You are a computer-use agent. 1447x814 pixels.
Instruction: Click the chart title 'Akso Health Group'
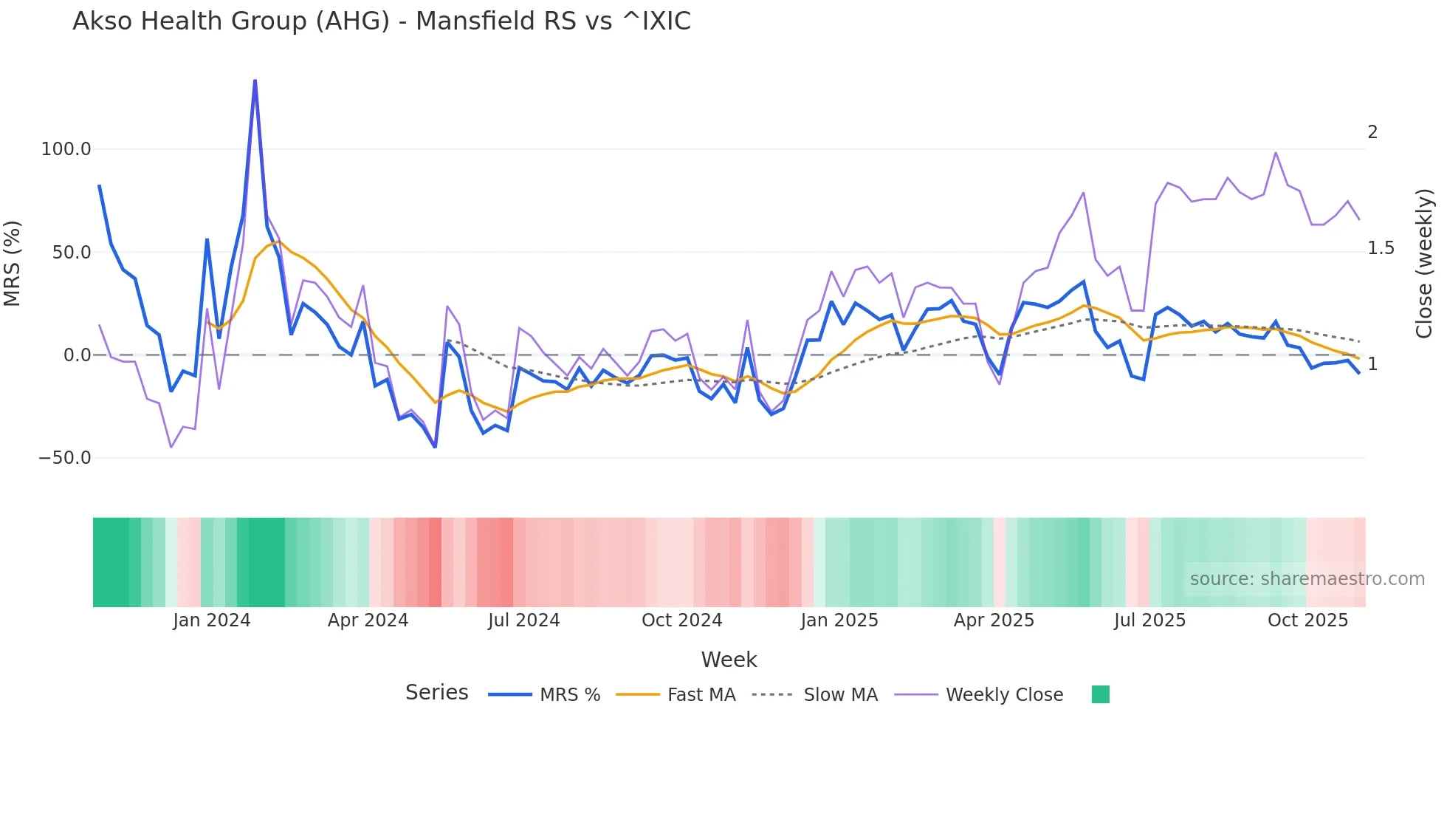381,21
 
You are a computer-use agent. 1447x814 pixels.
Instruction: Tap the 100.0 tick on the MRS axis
66,149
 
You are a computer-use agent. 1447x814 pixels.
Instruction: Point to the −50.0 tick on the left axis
64,458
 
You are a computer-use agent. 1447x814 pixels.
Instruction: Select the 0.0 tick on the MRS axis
77,355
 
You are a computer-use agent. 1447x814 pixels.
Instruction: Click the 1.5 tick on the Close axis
1381,248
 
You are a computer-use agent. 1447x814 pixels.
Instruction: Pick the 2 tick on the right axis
1372,132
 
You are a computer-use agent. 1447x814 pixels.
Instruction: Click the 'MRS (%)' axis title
13,263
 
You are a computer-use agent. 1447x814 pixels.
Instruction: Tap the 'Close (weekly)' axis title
1424,263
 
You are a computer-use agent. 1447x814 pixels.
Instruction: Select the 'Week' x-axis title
729,660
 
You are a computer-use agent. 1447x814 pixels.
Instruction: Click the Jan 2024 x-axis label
212,620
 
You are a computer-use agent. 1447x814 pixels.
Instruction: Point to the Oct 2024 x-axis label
681,620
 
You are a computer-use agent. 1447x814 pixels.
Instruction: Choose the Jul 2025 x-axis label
1149,620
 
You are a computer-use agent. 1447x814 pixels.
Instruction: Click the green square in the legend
1100,694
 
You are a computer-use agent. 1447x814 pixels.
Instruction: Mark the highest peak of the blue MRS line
255,81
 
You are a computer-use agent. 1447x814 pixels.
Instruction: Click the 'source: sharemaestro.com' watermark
1307,579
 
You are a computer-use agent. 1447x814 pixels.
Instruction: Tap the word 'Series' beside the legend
436,693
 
